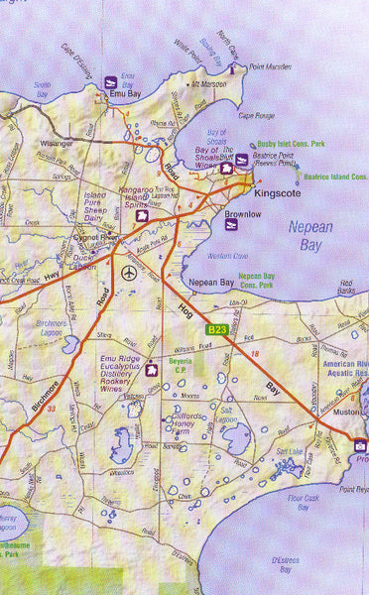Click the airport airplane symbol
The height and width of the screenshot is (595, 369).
tap(128, 272)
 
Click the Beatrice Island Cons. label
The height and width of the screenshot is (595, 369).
tap(331, 177)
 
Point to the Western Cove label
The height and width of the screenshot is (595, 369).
tap(229, 256)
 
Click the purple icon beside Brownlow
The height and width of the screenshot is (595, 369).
tap(231, 226)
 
